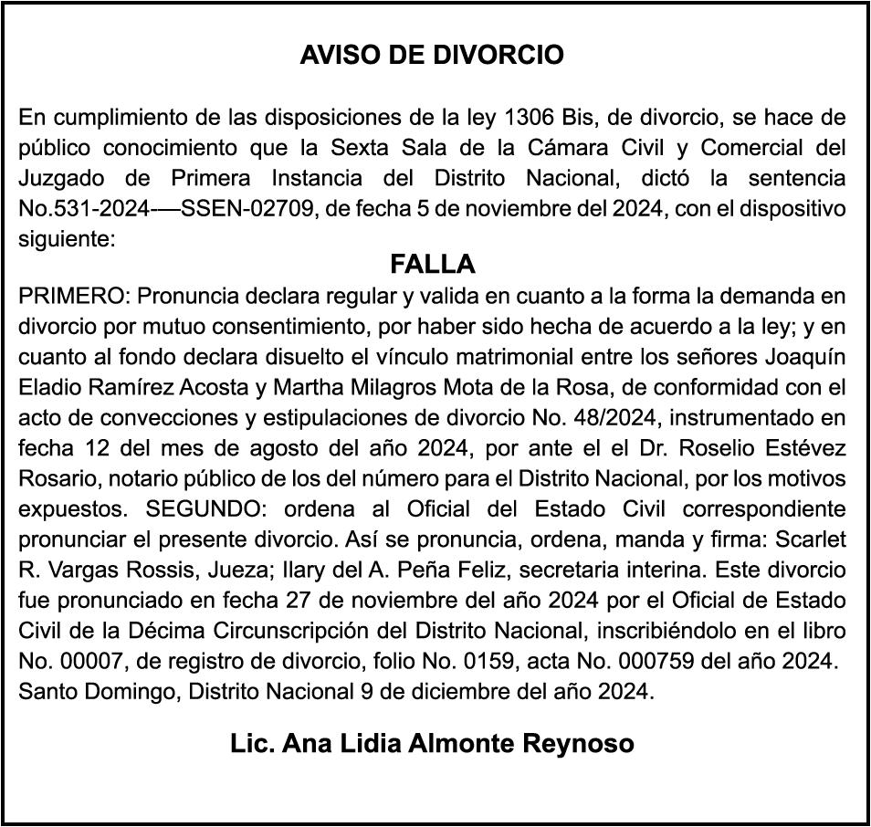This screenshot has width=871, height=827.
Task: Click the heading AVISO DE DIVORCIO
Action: [x=432, y=55]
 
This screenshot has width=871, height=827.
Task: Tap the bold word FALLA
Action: [x=433, y=265]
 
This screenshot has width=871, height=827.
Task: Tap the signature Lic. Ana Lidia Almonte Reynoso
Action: [x=433, y=743]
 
